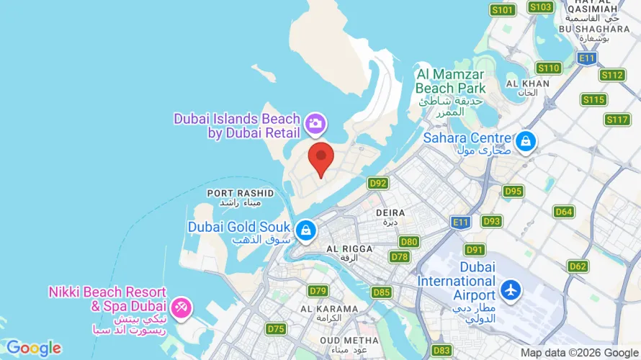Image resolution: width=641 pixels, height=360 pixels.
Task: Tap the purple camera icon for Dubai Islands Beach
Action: pyautogui.click(x=315, y=124)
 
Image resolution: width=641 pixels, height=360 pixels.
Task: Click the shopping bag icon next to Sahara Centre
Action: pyautogui.click(x=526, y=141)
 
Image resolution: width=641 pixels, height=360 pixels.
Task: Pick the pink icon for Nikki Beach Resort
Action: pyautogui.click(x=181, y=308)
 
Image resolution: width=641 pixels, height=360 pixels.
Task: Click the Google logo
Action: pyautogui.click(x=34, y=348)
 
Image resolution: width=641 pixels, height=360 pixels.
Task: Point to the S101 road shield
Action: pyautogui.click(x=503, y=9)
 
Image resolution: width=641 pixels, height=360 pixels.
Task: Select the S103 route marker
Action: pyautogui.click(x=540, y=7)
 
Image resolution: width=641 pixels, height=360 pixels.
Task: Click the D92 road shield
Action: pyautogui.click(x=378, y=184)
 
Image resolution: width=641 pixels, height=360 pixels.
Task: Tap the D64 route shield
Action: pyautogui.click(x=564, y=212)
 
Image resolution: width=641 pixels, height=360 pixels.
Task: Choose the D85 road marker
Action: pyautogui.click(x=382, y=292)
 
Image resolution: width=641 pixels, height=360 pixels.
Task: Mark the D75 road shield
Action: pyautogui.click(x=276, y=329)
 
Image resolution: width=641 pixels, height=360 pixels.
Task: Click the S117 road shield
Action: pyautogui.click(x=617, y=120)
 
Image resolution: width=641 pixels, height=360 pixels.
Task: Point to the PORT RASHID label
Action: pyautogui.click(x=240, y=193)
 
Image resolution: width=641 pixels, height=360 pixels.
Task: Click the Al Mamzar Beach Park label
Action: pyautogui.click(x=450, y=81)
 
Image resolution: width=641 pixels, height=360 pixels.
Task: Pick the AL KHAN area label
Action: pyautogui.click(x=528, y=84)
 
